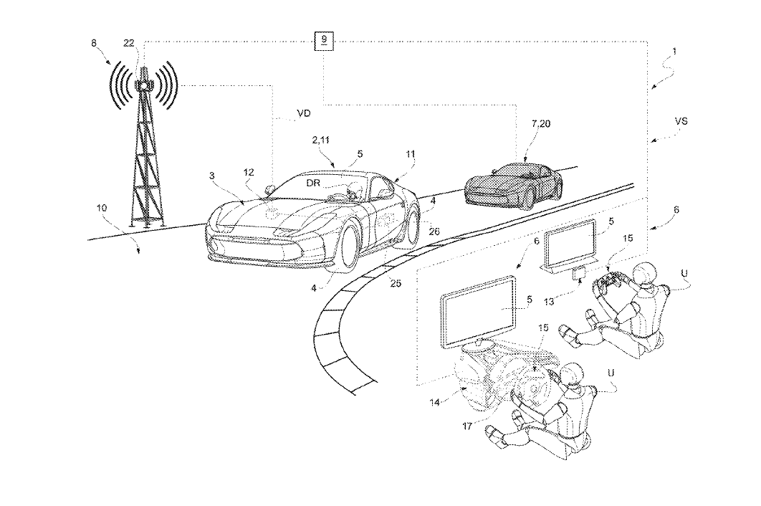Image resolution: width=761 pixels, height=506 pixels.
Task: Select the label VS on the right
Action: coord(681,122)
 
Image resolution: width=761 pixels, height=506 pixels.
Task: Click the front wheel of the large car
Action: coord(343,250)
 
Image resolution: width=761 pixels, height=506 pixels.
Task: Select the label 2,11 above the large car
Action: coord(323,143)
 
